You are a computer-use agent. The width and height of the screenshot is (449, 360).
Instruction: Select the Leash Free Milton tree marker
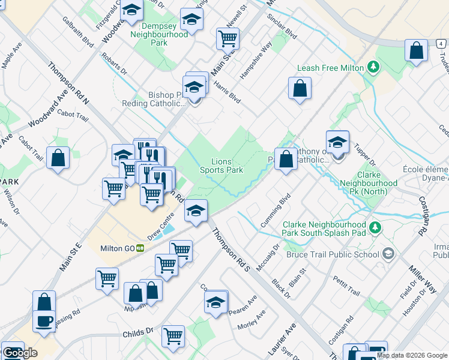[375, 67]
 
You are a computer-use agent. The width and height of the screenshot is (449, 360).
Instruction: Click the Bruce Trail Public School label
[333, 254]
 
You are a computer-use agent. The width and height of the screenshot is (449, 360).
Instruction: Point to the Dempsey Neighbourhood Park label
[159, 35]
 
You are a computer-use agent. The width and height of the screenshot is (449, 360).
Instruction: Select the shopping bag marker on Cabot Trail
[58, 159]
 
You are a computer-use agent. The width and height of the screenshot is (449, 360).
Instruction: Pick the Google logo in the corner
[20, 353]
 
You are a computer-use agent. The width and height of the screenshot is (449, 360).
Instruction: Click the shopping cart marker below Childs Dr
[173, 336]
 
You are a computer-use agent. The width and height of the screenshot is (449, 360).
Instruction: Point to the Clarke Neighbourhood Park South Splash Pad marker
[375, 228]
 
